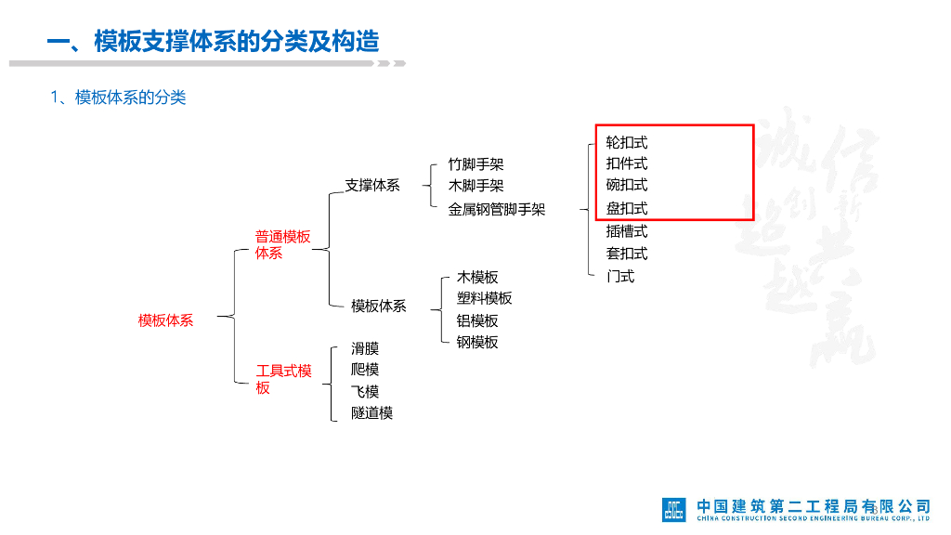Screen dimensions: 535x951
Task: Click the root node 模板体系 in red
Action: pyautogui.click(x=166, y=320)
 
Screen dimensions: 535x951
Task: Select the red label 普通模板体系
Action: pyautogui.click(x=282, y=244)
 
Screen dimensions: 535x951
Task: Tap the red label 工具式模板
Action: pyautogui.click(x=283, y=379)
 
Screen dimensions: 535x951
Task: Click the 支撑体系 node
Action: pyautogui.click(x=372, y=185)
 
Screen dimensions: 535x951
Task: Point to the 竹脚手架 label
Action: pyautogui.click(x=475, y=164)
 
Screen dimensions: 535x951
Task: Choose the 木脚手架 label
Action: pyautogui.click(x=475, y=186)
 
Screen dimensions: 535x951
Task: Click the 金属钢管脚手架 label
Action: pyautogui.click(x=497, y=209)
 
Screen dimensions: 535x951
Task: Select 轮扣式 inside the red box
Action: pyautogui.click(x=627, y=142)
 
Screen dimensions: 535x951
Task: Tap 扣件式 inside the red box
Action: pyautogui.click(x=627, y=163)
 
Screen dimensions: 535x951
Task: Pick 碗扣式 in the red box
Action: pyautogui.click(x=627, y=185)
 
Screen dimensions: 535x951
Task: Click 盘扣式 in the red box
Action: pyautogui.click(x=627, y=208)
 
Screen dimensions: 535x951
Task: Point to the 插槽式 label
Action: pyautogui.click(x=627, y=231)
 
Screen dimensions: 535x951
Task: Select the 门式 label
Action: pyautogui.click(x=620, y=276)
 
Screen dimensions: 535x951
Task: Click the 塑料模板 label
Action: pyautogui.click(x=484, y=298)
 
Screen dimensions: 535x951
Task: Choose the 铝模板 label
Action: pyautogui.click(x=477, y=320)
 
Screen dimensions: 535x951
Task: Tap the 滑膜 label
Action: pyautogui.click(x=365, y=348)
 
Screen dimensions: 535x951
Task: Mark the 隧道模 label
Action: pyautogui.click(x=372, y=412)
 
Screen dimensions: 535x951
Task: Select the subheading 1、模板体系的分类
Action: pyautogui.click(x=118, y=98)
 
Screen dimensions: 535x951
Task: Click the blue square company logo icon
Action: pyautogui.click(x=673, y=509)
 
